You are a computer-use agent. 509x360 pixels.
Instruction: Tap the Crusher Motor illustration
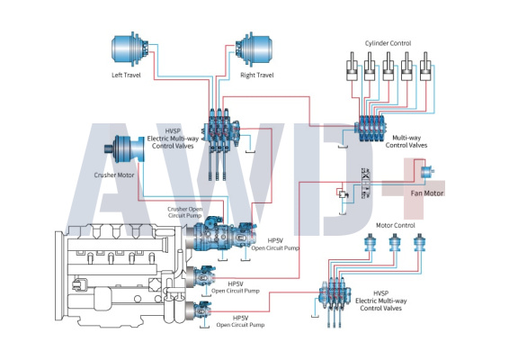pos(124,149)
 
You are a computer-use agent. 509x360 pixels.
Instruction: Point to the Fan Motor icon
pos(427,172)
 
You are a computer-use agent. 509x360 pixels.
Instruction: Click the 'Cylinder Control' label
pos(388,43)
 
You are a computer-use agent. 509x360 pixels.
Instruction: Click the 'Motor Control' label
pos(396,225)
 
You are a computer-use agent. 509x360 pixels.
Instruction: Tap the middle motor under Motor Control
pos(395,242)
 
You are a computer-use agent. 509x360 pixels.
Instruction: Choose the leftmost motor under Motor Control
pos(371,242)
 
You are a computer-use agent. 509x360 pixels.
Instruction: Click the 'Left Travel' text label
pos(126,75)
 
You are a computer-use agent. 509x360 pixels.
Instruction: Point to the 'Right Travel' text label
pos(257,75)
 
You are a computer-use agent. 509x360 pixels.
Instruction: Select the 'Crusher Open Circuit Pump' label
pos(185,212)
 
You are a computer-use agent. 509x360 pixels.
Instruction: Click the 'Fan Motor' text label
pos(427,193)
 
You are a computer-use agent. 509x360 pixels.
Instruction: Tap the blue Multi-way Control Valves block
pos(370,129)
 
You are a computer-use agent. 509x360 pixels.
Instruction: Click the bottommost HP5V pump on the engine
pos(199,310)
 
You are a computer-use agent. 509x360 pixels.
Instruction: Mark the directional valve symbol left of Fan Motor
pos(365,184)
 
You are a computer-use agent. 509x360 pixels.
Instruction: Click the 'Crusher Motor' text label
pos(114,175)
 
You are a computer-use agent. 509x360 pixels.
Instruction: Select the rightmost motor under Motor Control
pos(419,242)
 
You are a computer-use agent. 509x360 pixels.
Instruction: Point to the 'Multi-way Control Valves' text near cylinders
pos(406,141)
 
